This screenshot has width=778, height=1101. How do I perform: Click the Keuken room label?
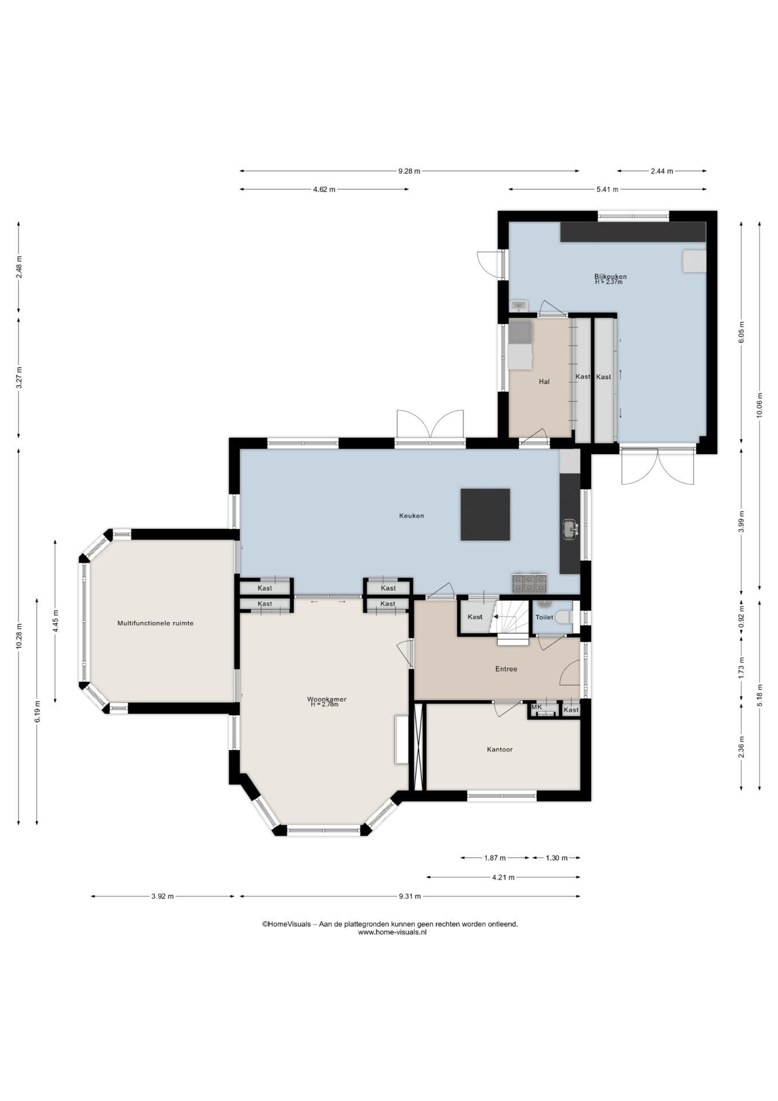tap(411, 516)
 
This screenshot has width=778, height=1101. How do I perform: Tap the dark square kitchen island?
tap(485, 514)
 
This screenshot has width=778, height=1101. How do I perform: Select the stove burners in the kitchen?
tap(530, 583)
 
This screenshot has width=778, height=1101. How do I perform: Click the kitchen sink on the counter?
tap(570, 529)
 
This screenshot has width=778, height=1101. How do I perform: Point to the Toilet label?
tap(544, 617)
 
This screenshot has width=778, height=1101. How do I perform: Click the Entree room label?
tap(506, 669)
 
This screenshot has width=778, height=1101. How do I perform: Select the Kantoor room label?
tap(500, 749)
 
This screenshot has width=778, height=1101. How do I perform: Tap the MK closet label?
tap(537, 707)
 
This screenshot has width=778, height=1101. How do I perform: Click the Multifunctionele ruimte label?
tap(155, 623)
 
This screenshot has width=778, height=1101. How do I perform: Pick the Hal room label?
tap(544, 381)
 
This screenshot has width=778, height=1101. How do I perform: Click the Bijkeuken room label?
tap(610, 276)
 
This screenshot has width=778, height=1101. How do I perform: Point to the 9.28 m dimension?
tap(410, 171)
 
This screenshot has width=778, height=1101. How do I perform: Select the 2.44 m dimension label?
tap(662, 171)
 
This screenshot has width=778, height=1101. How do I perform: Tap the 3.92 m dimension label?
tap(163, 896)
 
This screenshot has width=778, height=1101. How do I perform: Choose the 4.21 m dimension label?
tap(503, 877)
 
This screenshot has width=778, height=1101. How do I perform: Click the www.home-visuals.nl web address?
tap(392, 932)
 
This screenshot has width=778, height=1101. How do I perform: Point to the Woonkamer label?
tap(327, 699)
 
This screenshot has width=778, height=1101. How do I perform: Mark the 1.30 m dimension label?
tap(556, 858)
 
